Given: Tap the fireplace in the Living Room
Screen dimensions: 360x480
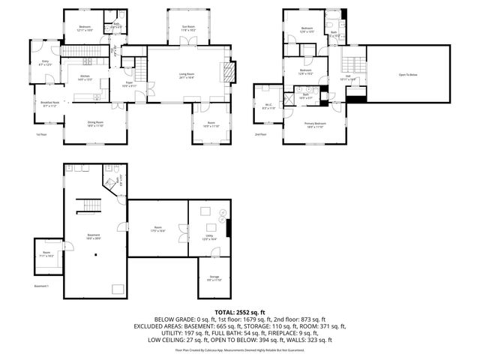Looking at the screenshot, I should pyautogui.click(x=228, y=71).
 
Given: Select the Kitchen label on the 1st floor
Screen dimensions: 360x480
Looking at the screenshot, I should pyautogui.click(x=87, y=77).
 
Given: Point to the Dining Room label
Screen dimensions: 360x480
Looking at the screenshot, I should pyautogui.click(x=95, y=124).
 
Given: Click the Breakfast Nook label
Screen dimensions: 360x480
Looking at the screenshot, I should pyautogui.click(x=50, y=104).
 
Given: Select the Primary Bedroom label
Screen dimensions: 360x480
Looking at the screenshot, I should pyautogui.click(x=315, y=124).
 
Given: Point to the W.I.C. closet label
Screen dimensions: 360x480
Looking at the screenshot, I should pyautogui.click(x=268, y=106).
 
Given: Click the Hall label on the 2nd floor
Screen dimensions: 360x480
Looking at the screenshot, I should pyautogui.click(x=349, y=76).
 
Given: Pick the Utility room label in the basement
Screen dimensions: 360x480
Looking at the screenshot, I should pyautogui.click(x=209, y=235).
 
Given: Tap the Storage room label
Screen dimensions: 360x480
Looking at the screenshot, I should pyautogui.click(x=214, y=277).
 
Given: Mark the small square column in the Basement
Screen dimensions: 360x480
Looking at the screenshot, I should pyautogui.click(x=96, y=254).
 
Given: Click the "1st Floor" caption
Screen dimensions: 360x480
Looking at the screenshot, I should pyautogui.click(x=41, y=135).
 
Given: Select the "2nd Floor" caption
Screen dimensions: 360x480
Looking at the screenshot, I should pyautogui.click(x=261, y=135).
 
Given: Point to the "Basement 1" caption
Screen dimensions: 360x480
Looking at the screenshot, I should pyautogui.click(x=42, y=286).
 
